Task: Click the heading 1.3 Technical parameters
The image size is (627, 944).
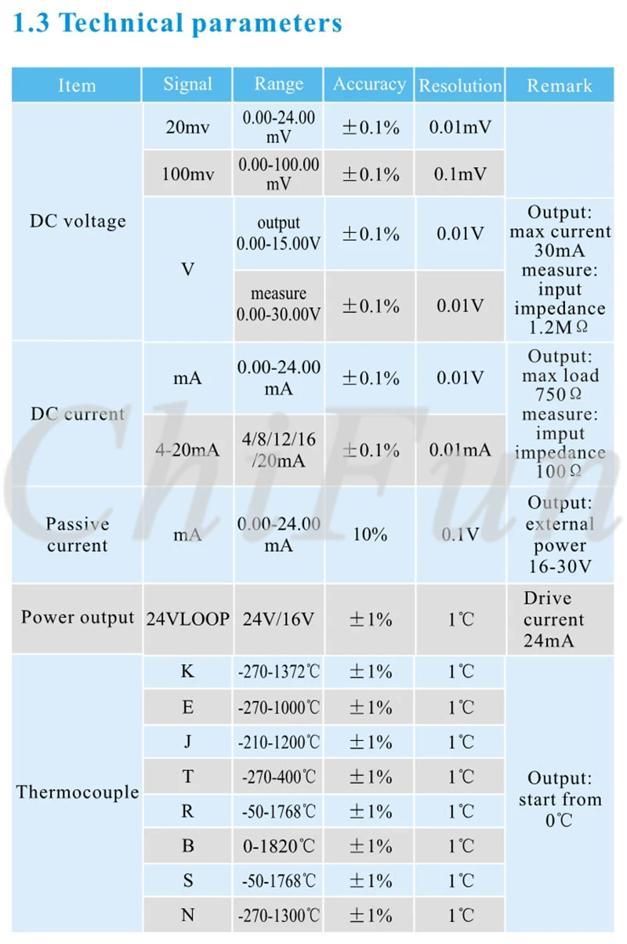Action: (x=177, y=24)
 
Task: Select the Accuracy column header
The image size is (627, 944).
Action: (x=370, y=85)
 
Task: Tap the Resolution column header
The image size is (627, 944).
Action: (x=460, y=85)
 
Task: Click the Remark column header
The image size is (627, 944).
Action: (x=559, y=85)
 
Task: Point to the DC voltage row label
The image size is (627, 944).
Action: (x=78, y=222)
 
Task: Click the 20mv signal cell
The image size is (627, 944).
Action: (x=187, y=127)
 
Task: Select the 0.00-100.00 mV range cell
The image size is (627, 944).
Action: (x=278, y=173)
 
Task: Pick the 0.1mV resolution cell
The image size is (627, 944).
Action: (x=460, y=174)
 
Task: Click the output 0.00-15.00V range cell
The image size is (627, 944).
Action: (x=278, y=233)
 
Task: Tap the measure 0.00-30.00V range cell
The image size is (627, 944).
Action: (x=278, y=304)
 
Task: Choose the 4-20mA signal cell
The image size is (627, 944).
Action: (x=187, y=450)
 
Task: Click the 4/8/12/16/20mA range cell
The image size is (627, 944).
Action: (x=278, y=450)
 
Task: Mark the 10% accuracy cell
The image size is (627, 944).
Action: (x=370, y=535)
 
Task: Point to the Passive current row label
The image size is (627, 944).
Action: (x=78, y=535)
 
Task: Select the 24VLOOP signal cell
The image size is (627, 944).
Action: (x=187, y=619)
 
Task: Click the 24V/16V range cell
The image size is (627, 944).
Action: (x=278, y=619)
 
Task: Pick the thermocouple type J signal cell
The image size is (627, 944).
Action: (x=187, y=741)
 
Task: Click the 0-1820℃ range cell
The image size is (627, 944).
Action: (x=278, y=846)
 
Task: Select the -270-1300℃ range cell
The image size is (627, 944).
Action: (x=278, y=915)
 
